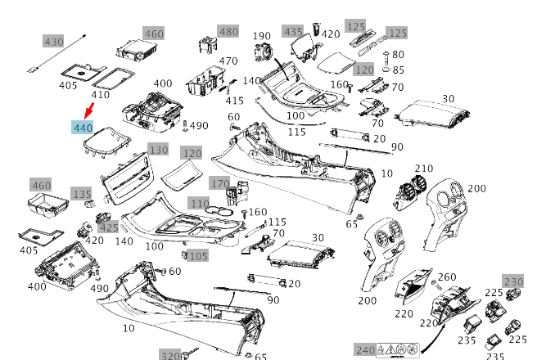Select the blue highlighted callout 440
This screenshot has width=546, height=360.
(83, 128)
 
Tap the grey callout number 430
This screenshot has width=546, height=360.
(53, 42)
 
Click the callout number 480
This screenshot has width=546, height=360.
(228, 32)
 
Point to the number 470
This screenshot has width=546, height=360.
(228, 61)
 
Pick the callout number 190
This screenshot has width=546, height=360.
(261, 36)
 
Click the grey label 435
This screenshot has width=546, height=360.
(293, 31)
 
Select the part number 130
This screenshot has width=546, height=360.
(158, 150)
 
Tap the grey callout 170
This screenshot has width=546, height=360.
(219, 183)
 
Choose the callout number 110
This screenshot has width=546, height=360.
(199, 203)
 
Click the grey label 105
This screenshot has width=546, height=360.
(197, 256)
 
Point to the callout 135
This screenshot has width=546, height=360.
(82, 194)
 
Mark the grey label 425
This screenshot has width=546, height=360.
(109, 227)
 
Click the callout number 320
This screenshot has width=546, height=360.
(170, 355)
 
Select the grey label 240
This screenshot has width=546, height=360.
(364, 349)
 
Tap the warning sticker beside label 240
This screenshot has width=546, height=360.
(398, 350)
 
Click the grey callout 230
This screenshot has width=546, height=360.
(513, 282)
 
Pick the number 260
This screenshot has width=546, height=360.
(447, 277)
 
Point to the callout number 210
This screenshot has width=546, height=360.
(424, 169)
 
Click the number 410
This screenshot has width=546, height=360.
(100, 94)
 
